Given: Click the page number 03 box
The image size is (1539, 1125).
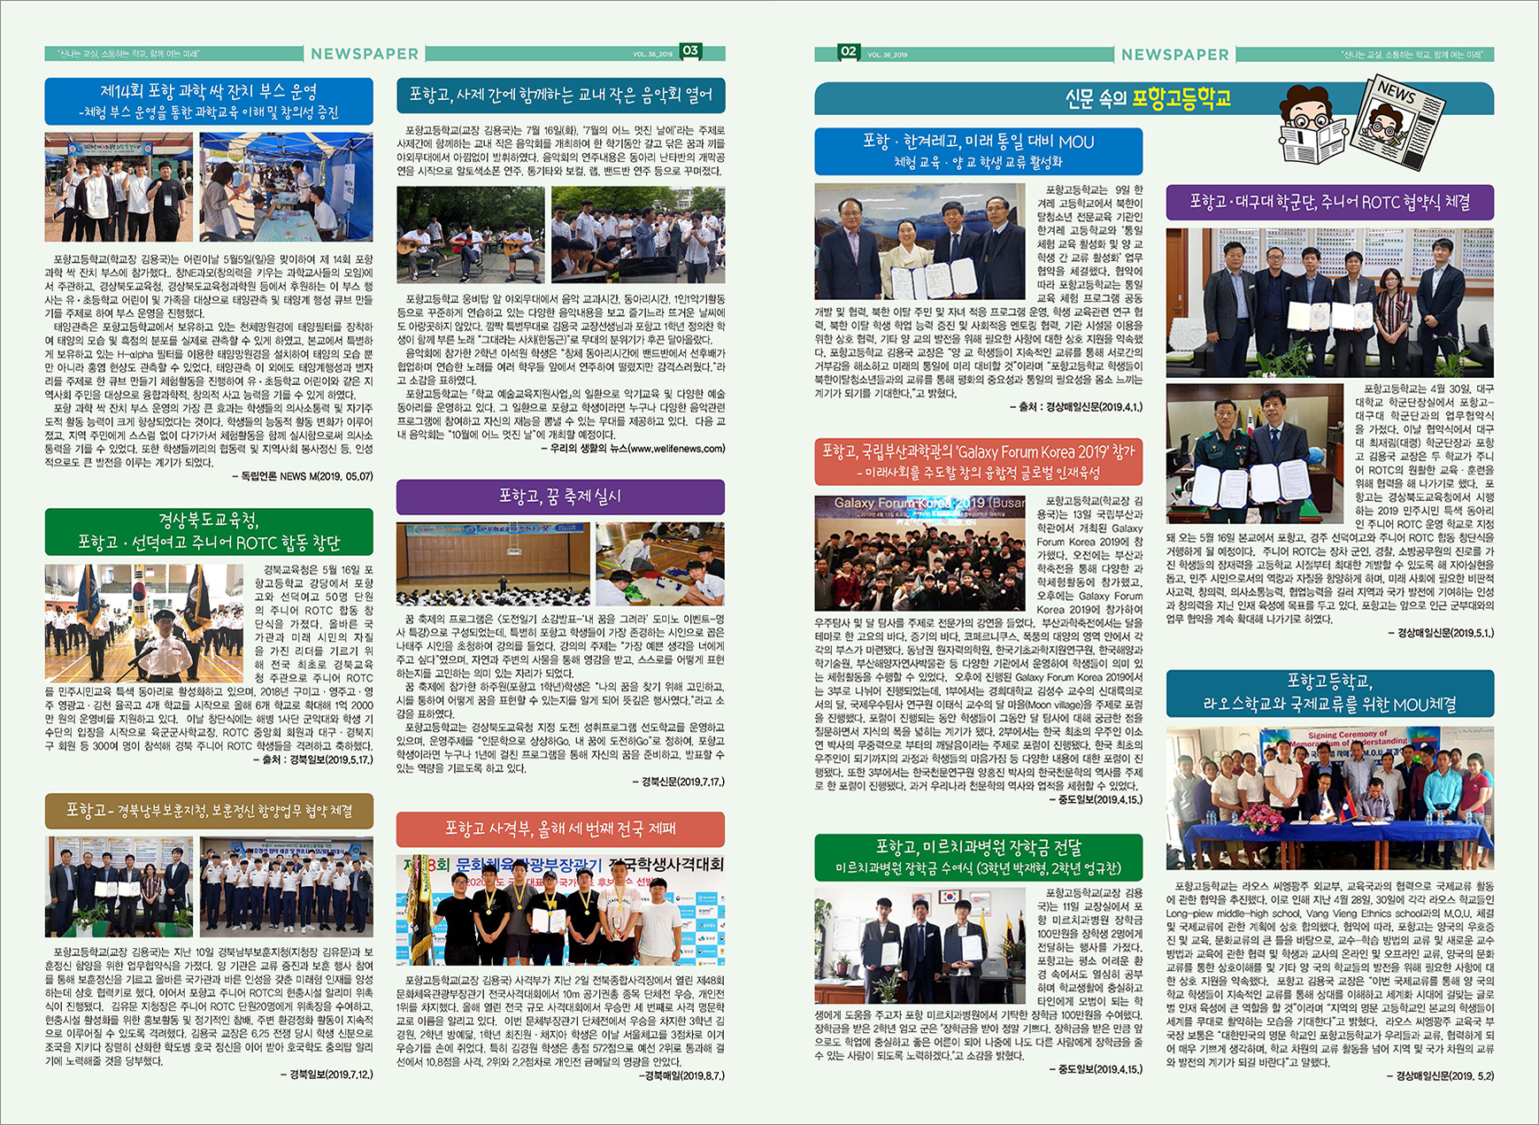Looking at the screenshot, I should pos(690,51).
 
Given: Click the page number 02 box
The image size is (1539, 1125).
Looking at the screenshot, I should pos(849,52).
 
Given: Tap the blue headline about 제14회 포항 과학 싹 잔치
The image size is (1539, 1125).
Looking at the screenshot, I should pos(209,101).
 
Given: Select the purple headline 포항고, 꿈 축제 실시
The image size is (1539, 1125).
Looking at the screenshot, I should pos(560,497).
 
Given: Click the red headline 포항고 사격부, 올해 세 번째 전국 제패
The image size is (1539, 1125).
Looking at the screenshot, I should pos(560,828).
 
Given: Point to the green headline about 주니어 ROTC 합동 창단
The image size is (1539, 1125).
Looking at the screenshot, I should pos(209,531).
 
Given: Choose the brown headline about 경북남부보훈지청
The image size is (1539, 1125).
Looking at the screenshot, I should pos(209,811).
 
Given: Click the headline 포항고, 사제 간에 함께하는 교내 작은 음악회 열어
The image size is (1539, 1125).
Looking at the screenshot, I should pos(560,95).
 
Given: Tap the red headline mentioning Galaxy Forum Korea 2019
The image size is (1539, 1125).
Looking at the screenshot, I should pos(978,461).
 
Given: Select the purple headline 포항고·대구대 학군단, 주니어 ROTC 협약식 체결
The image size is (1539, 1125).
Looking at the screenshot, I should pos(1329,202).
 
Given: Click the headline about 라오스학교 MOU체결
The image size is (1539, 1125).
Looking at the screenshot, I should pos(1329,693).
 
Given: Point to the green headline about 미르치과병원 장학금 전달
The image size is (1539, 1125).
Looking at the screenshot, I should pos(978,857).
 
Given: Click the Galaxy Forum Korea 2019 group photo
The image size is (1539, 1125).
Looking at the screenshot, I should pos(920,553).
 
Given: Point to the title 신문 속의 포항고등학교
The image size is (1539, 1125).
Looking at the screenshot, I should pos(1148,98).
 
